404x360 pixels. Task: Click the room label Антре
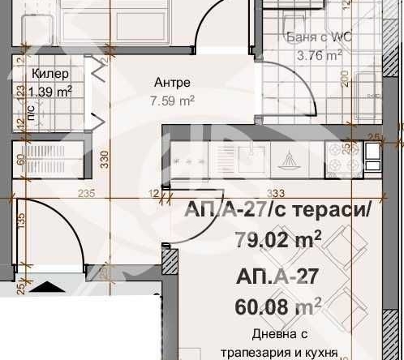point(172,84)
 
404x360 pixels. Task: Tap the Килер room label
point(45,75)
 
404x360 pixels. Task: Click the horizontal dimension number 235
point(87,193)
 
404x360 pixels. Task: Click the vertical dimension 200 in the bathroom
point(345,79)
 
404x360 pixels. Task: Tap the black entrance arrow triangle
point(46,286)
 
